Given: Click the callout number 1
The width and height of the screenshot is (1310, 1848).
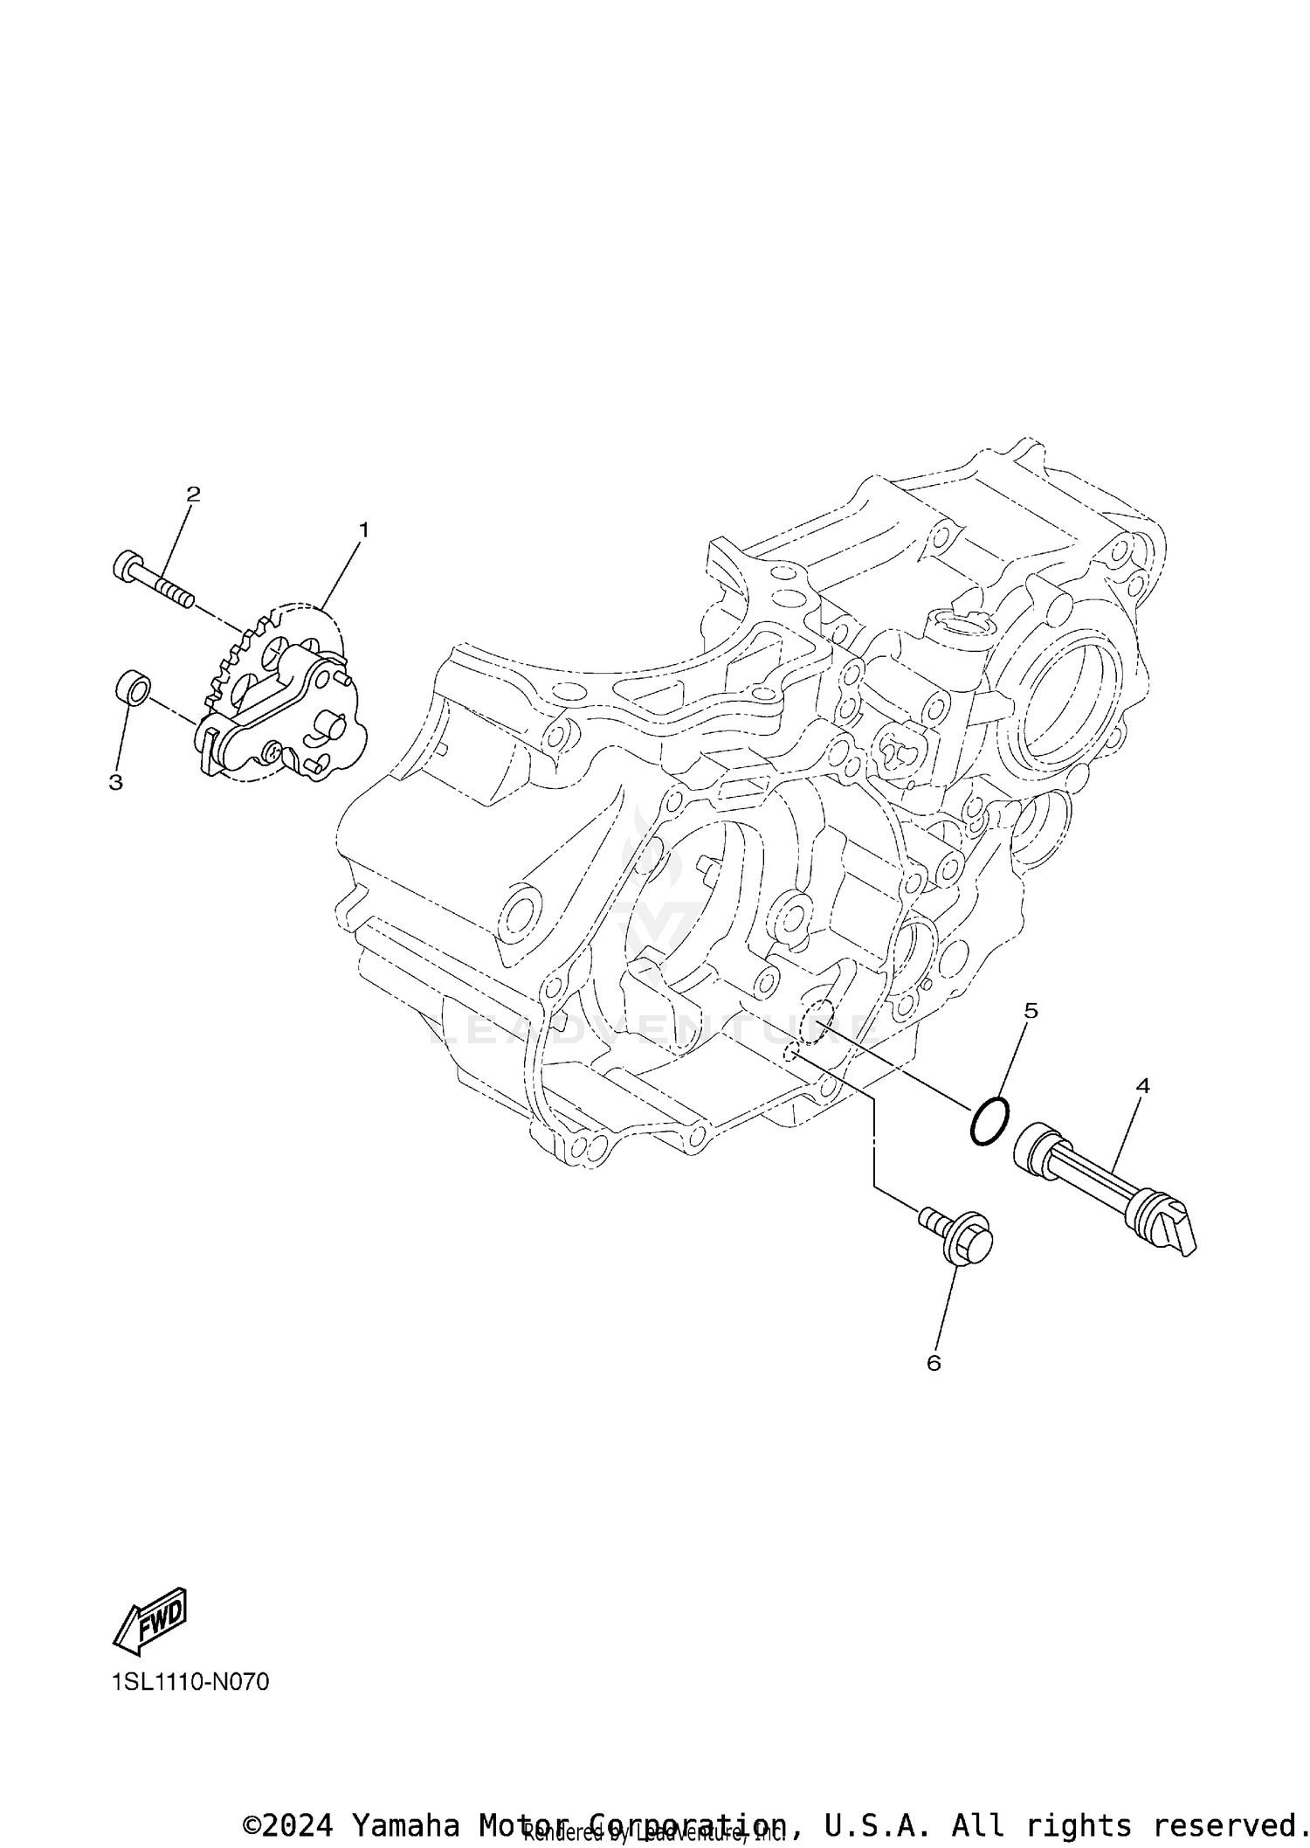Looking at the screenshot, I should tap(363, 530).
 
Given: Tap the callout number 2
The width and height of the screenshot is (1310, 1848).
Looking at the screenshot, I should tap(193, 494).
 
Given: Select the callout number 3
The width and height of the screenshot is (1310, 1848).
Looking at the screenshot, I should tap(115, 783).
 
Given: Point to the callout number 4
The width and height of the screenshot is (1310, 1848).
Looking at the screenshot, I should tap(1142, 1086).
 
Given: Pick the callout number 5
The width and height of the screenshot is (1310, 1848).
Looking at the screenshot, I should tap(1031, 1011).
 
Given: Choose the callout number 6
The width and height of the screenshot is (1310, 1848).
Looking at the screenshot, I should tap(934, 1363).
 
